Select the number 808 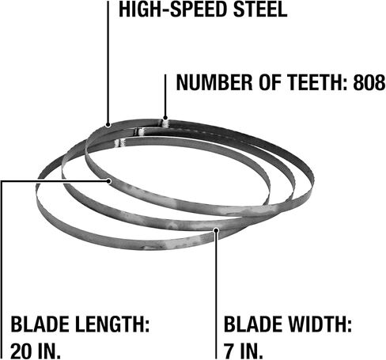369,82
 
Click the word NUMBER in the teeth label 214,82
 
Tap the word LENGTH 112,324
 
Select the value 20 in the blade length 22,351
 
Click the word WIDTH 320,324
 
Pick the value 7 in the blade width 229,351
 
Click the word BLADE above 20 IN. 40,324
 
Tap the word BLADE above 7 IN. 253,324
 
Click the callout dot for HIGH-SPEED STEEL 108,125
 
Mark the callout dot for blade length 109,181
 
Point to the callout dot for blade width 216,230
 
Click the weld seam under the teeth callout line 165,123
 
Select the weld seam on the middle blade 139,131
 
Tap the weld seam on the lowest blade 119,143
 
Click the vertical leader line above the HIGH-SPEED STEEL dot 108,63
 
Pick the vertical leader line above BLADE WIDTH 216,295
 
